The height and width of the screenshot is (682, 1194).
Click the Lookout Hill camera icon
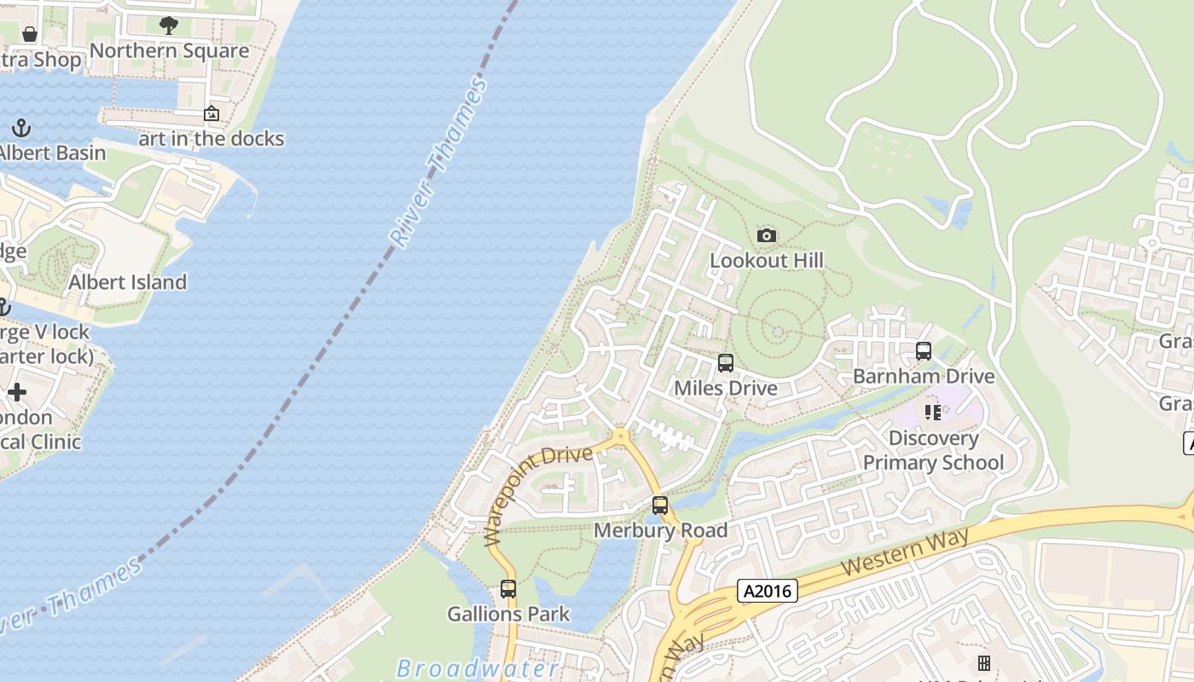pos(766,235)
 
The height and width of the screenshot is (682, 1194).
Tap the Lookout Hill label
pos(767,260)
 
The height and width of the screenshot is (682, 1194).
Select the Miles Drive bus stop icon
pos(726,363)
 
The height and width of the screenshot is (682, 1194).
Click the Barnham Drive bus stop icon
pos(924,351)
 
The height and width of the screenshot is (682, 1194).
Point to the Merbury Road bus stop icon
pos(660,506)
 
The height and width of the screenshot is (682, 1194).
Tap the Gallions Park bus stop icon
pos(508,588)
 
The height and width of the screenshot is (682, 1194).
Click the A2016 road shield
pos(768,591)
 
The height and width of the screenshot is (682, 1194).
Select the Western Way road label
pos(905,552)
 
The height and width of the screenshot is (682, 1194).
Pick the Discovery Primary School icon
pos(933,413)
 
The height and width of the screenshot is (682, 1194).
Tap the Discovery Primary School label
pos(934,450)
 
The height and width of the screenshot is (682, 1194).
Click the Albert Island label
pos(128,282)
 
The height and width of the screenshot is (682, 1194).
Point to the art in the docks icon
pos(212,113)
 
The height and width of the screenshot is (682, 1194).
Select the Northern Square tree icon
pos(169,26)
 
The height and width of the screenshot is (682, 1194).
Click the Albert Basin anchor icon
pos(21,129)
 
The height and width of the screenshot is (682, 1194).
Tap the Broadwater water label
pos(478,668)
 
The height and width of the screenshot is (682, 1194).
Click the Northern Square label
pos(170,51)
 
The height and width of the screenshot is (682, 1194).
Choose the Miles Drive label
pos(726,389)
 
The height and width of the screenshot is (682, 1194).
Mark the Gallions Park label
pos(508,614)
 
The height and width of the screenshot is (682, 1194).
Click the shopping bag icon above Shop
pos(30,34)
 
